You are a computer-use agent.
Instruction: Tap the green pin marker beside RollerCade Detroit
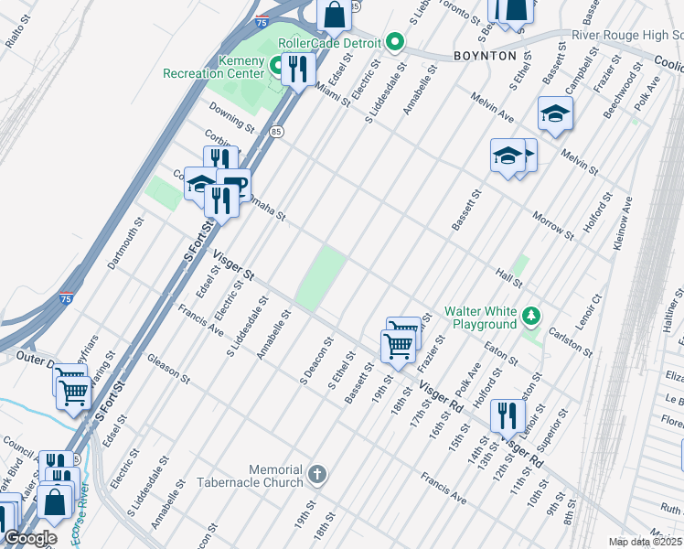point(395,41)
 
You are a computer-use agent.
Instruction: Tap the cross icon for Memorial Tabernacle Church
point(316,474)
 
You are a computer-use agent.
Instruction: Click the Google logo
point(29,538)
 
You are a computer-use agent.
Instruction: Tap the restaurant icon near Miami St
point(298,69)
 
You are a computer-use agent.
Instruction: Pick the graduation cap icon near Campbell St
point(554,113)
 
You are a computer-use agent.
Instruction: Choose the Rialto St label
point(17,30)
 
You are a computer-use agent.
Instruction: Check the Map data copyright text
point(646,542)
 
